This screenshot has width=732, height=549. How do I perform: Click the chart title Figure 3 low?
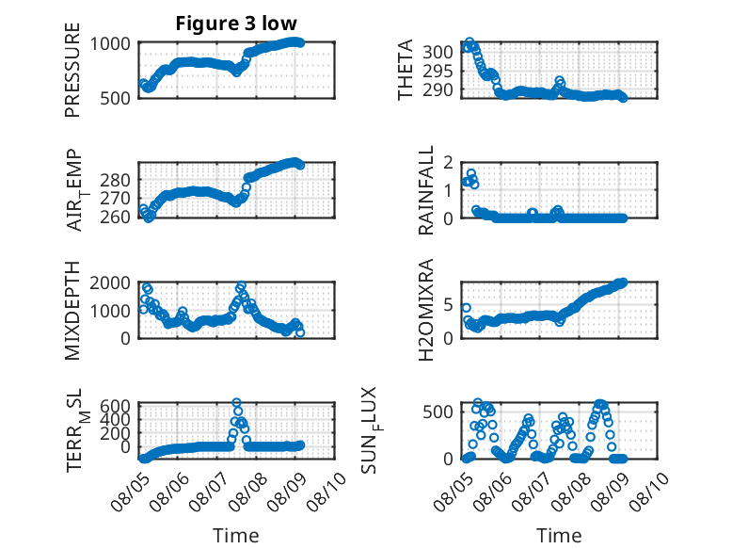pos(236,24)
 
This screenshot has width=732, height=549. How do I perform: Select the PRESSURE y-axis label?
pos(72,70)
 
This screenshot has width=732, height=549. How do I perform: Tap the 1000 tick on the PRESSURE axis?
pos(110,44)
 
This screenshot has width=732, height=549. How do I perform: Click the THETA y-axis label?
pos(406,70)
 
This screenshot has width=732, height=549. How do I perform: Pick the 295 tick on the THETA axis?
pos(438,71)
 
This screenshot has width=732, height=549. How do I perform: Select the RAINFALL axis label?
pos(426,190)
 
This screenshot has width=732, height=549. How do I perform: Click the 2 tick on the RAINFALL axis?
pos(449,163)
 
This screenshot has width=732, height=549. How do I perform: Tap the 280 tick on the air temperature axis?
pos(115,180)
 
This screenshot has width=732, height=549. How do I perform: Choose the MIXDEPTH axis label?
pos(72,310)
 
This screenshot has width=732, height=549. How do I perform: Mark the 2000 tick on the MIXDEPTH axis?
pos(110,283)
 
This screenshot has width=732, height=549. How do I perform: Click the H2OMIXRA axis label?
pos(426,310)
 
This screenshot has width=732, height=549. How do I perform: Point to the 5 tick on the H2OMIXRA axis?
pos(449,305)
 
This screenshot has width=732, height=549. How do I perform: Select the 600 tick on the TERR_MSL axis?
pos(115,405)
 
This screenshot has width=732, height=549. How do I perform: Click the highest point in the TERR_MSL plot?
pos(237,402)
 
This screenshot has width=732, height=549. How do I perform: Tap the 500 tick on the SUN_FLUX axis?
pos(438,412)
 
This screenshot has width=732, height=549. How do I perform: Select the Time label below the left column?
pos(236,535)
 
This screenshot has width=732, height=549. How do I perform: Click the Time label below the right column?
pos(559,535)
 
